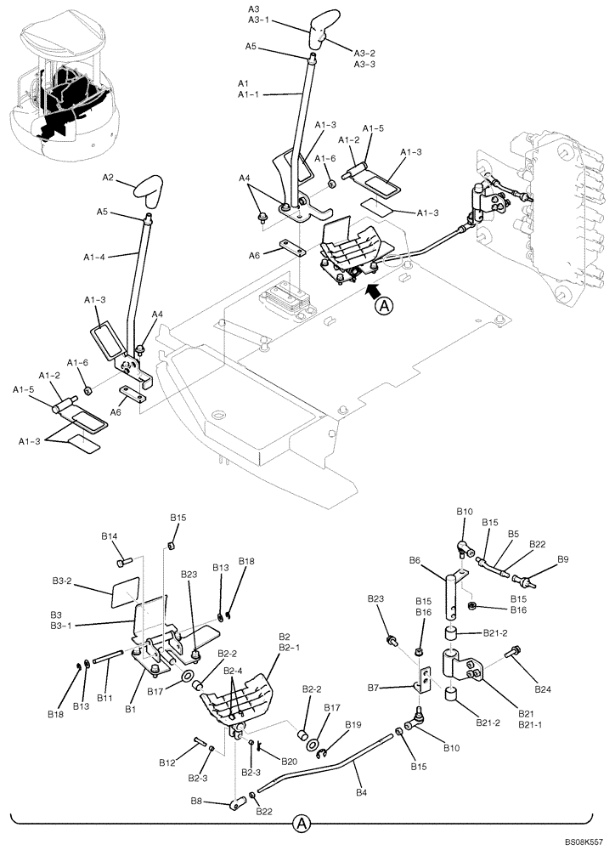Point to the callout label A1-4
pyautogui.click(x=96, y=254)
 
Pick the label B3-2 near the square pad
pyautogui.click(x=62, y=583)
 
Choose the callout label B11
pyautogui.click(x=104, y=698)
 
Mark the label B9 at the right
pyautogui.click(x=562, y=559)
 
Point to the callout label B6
pyautogui.click(x=415, y=560)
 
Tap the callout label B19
pyautogui.click(x=352, y=724)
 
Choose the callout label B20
pyautogui.click(x=289, y=761)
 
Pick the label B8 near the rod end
pyautogui.click(x=195, y=801)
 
